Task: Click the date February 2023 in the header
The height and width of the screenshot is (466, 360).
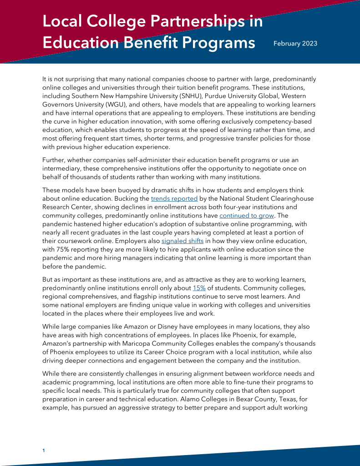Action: coord(295,44)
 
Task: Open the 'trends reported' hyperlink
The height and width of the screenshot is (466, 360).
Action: coord(174,199)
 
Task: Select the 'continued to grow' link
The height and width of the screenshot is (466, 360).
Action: coord(246,216)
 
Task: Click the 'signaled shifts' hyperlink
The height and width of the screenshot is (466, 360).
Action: coord(183,241)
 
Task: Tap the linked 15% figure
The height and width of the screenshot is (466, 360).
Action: coord(199,288)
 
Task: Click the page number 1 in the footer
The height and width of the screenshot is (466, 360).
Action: coord(43,451)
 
